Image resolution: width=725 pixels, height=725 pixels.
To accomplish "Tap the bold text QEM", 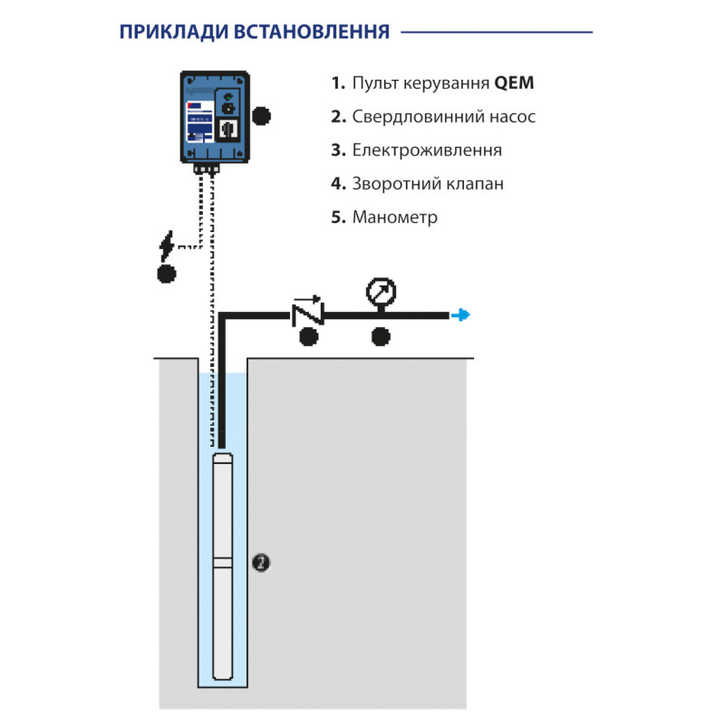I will point(514,83).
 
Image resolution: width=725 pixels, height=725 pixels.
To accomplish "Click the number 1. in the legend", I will point(338,83).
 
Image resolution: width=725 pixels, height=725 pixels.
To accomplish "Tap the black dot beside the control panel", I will point(262,115).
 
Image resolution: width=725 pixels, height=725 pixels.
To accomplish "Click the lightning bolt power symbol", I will point(167,245).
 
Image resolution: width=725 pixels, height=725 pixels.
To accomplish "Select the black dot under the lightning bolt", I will point(166,274).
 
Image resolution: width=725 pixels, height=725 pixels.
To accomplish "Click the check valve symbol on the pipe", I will point(308,313).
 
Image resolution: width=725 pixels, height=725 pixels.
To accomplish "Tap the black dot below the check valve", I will point(309,338).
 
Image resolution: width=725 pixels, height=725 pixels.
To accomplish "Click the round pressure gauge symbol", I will point(381,292).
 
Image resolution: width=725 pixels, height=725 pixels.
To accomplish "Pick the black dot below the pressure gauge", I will point(382,338).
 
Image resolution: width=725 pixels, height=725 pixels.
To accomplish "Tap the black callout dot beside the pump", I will point(261,563).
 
